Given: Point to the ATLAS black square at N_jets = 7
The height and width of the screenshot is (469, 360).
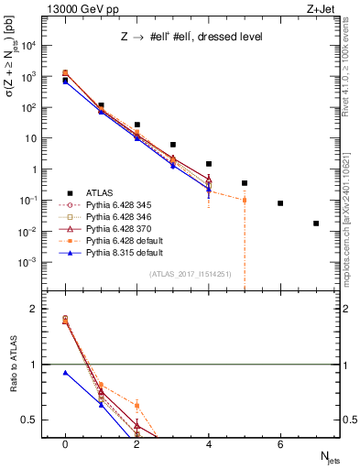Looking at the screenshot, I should [x=316, y=224].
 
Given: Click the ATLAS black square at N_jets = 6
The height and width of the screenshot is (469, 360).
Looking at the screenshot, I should [x=280, y=203].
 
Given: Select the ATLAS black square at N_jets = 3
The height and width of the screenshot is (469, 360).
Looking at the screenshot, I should [x=173, y=145].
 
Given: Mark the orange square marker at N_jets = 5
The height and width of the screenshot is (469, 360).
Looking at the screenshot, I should [x=245, y=200].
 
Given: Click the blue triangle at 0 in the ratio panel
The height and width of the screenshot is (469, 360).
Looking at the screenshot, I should [x=65, y=373].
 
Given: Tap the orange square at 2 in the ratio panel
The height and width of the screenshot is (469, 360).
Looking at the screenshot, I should [x=136, y=405].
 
